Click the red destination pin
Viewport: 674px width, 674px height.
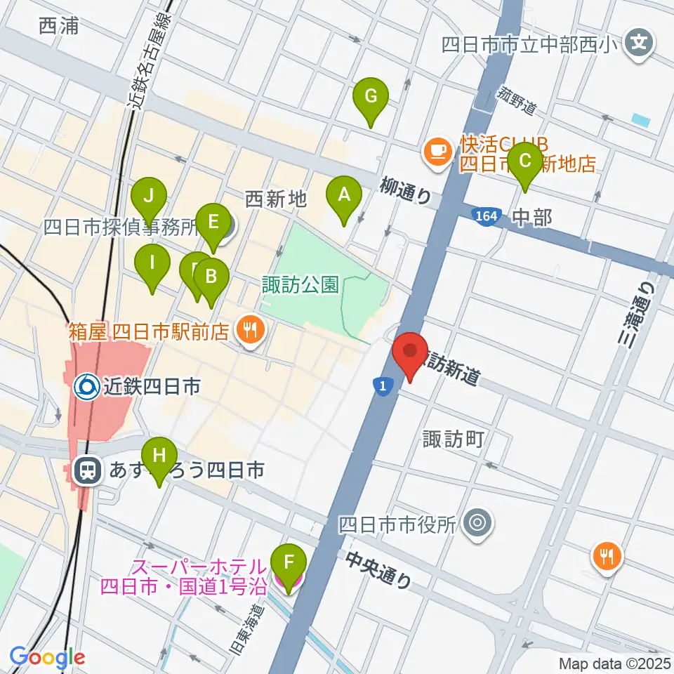(x=410, y=354)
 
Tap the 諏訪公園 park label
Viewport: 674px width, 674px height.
(x=300, y=284)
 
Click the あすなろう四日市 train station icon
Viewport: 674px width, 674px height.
(x=88, y=471)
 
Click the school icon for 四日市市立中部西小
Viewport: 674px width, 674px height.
(x=639, y=44)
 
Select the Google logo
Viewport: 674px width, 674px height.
(x=47, y=657)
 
